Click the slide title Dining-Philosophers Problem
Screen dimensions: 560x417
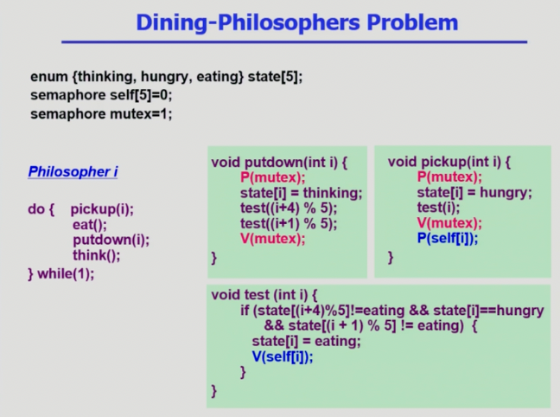[296, 22]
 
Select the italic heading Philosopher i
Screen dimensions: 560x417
[73, 171]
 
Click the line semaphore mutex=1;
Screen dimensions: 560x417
[101, 114]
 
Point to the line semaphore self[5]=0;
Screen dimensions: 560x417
[101, 95]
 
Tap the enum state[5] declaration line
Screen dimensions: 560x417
[167, 76]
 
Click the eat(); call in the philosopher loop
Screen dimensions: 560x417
[90, 225]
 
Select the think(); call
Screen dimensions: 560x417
[97, 255]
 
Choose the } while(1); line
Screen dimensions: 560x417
[61, 273]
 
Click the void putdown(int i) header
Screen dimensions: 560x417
[279, 163]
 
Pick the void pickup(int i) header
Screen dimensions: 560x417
[449, 162]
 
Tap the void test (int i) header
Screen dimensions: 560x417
[264, 295]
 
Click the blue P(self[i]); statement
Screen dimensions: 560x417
[448, 238]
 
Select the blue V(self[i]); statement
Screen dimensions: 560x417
[283, 356]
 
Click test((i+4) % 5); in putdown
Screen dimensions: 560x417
[289, 208]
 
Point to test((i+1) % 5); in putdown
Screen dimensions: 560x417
[289, 223]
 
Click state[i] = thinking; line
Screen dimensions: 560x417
[301, 193]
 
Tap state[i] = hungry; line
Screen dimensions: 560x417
[474, 193]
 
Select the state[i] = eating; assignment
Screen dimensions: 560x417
[307, 341]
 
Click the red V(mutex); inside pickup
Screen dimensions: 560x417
[449, 223]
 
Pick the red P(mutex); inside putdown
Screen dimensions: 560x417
[273, 177]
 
